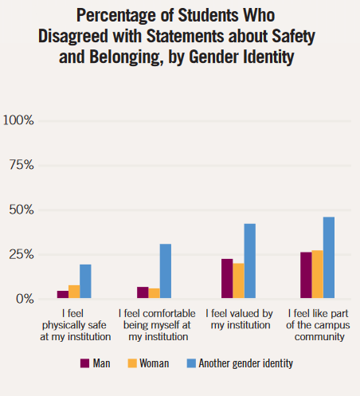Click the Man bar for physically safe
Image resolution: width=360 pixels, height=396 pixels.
63,294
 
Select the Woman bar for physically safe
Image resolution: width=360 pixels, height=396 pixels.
74,292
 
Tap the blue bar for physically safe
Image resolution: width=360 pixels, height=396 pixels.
85,281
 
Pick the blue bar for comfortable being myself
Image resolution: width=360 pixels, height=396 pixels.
166,271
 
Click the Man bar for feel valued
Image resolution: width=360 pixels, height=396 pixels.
227,278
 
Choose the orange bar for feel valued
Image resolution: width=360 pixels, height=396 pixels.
238,280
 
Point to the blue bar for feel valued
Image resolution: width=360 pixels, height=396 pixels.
250,261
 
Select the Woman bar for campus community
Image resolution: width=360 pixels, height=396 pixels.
318,274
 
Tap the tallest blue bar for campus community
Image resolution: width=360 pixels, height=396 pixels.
329,257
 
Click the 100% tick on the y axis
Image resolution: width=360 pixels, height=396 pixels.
18,120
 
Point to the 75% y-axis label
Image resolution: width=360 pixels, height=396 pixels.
22,165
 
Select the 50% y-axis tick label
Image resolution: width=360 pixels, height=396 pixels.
22,210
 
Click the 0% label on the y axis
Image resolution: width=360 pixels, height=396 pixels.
25,299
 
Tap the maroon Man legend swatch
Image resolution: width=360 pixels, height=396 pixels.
84,363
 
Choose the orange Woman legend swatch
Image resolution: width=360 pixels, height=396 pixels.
132,363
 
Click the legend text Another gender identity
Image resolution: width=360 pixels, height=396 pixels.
246,363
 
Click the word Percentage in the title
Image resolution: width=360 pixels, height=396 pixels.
116,15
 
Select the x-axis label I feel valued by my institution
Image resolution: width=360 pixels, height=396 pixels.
240,320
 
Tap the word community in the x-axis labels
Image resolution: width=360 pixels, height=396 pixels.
319,337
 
